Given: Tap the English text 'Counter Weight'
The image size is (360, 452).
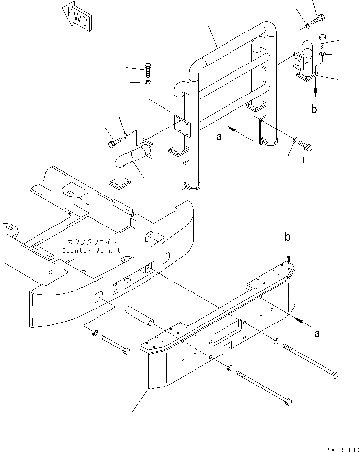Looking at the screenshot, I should (x=91, y=250).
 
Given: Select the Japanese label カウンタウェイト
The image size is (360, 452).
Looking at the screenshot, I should (x=93, y=242).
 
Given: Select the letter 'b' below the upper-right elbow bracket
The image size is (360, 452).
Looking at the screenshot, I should (x=314, y=109).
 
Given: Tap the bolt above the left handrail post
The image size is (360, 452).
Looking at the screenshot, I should (x=148, y=68).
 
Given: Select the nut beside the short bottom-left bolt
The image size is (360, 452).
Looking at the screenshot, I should (x=94, y=333).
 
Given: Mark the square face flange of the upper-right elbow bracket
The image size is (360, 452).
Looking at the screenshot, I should (x=296, y=62).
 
